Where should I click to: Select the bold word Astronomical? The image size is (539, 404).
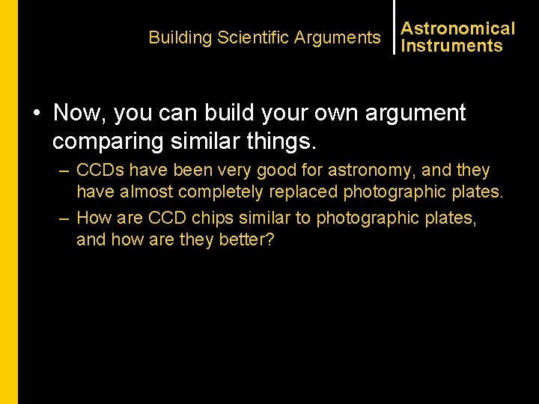[458, 28]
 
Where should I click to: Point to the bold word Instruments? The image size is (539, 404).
[452, 46]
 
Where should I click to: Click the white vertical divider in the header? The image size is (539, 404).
[394, 27]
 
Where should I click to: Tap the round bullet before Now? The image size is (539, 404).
[36, 114]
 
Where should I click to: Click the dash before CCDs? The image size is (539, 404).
[65, 171]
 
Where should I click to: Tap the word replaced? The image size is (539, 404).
[302, 192]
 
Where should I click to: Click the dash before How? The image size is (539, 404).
[65, 218]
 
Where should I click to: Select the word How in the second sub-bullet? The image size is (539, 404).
[94, 218]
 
